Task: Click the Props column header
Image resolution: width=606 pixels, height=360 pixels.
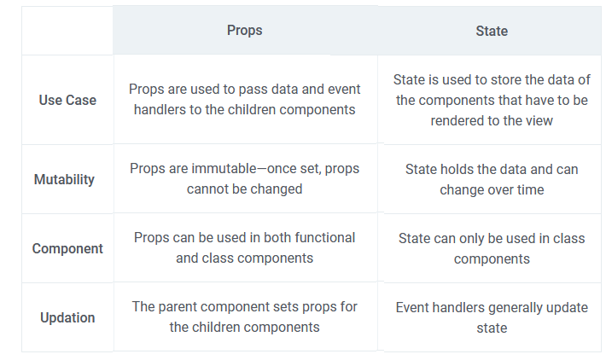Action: click(x=244, y=31)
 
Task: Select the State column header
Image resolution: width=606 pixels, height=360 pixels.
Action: click(x=492, y=32)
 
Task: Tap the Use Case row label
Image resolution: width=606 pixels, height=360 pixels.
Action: click(x=67, y=100)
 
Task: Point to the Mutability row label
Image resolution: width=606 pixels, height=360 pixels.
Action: click(x=64, y=179)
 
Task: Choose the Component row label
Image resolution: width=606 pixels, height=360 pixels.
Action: click(x=67, y=248)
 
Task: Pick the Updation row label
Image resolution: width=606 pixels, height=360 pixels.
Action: click(x=67, y=317)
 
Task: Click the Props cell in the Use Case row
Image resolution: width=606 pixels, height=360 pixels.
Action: click(x=245, y=99)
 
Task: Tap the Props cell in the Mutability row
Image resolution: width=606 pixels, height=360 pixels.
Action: click(x=245, y=179)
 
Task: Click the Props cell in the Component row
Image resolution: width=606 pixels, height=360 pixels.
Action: click(x=245, y=248)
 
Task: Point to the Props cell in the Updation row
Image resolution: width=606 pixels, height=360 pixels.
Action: click(x=245, y=316)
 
